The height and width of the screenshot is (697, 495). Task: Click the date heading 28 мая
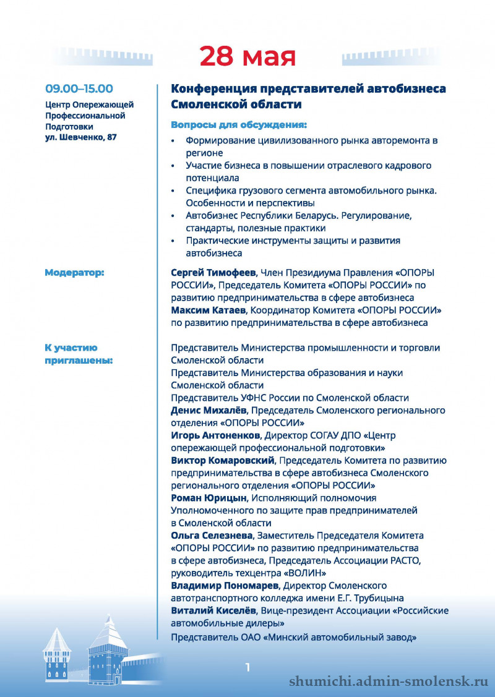(247, 56)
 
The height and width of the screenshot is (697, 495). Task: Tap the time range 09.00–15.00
(78, 89)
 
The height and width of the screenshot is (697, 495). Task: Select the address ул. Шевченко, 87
(80, 137)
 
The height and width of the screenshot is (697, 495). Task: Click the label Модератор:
(74, 272)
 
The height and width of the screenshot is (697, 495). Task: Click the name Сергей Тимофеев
(213, 272)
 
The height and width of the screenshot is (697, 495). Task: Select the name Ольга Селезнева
(212, 535)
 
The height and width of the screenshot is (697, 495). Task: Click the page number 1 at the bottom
(247, 667)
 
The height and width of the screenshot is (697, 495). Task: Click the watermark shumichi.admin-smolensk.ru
(389, 681)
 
